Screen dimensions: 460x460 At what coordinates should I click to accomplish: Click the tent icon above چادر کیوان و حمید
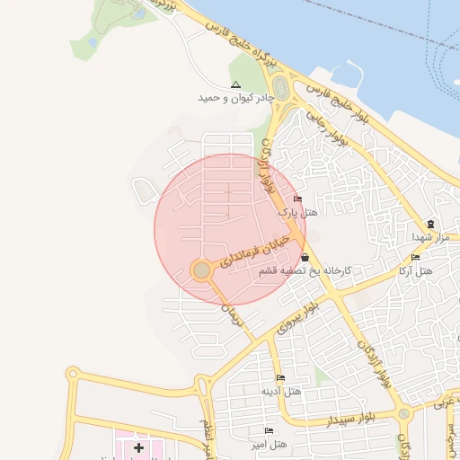coord(236,84)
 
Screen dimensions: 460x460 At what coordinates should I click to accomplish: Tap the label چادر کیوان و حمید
coord(236,97)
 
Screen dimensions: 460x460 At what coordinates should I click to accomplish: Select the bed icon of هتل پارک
coord(298,199)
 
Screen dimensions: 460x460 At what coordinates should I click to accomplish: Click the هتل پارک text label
coord(297,213)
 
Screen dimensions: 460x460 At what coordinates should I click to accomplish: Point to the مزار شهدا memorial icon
coord(430,224)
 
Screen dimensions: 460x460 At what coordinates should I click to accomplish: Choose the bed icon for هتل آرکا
coord(415,258)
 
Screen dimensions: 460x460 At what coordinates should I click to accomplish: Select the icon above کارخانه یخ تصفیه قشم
coord(305,258)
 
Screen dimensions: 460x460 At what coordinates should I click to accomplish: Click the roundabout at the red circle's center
coord(202,270)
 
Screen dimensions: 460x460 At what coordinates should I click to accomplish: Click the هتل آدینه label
coord(280,392)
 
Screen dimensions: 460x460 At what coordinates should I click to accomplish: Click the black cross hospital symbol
coord(138,447)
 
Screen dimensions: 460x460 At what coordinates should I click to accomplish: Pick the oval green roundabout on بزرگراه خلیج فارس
coord(280,89)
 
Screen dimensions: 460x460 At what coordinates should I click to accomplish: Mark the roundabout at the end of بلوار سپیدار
coord(405,414)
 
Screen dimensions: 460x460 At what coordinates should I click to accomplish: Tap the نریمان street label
coord(233,313)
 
